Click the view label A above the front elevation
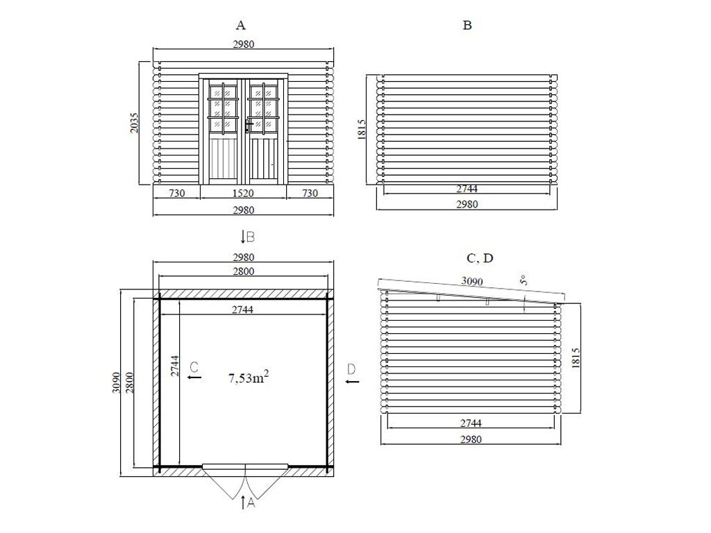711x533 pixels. click(x=240, y=26)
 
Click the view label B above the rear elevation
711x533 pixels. click(x=467, y=26)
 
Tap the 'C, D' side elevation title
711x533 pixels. click(x=480, y=258)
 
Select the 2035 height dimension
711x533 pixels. click(x=134, y=123)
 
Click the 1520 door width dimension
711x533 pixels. click(x=243, y=194)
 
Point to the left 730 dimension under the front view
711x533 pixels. click(x=177, y=194)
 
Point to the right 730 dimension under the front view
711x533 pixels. click(x=310, y=194)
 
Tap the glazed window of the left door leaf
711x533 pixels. click(x=223, y=108)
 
